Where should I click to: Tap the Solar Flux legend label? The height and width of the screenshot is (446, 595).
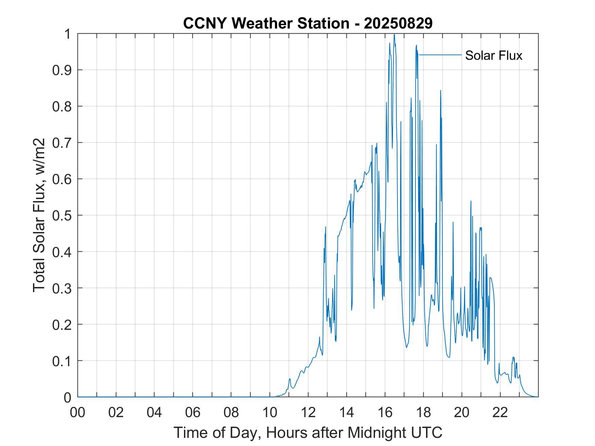[493, 55]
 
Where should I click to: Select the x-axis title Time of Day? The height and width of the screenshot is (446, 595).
[308, 432]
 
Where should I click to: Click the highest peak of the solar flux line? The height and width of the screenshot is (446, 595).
[394, 34]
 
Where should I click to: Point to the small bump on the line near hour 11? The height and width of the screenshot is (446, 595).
[290, 379]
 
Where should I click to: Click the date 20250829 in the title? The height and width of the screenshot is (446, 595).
[398, 23]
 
